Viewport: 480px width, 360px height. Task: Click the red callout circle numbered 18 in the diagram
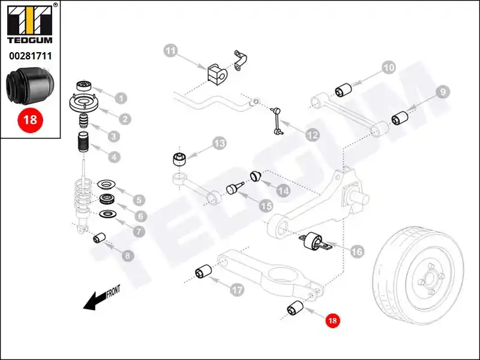(332, 321)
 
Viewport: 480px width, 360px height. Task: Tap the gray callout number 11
(172, 52)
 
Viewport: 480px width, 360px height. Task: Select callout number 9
(442, 92)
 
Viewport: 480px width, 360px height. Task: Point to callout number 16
(356, 251)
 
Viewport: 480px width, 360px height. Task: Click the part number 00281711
(29, 57)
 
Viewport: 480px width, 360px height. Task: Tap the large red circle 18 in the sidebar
(29, 119)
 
